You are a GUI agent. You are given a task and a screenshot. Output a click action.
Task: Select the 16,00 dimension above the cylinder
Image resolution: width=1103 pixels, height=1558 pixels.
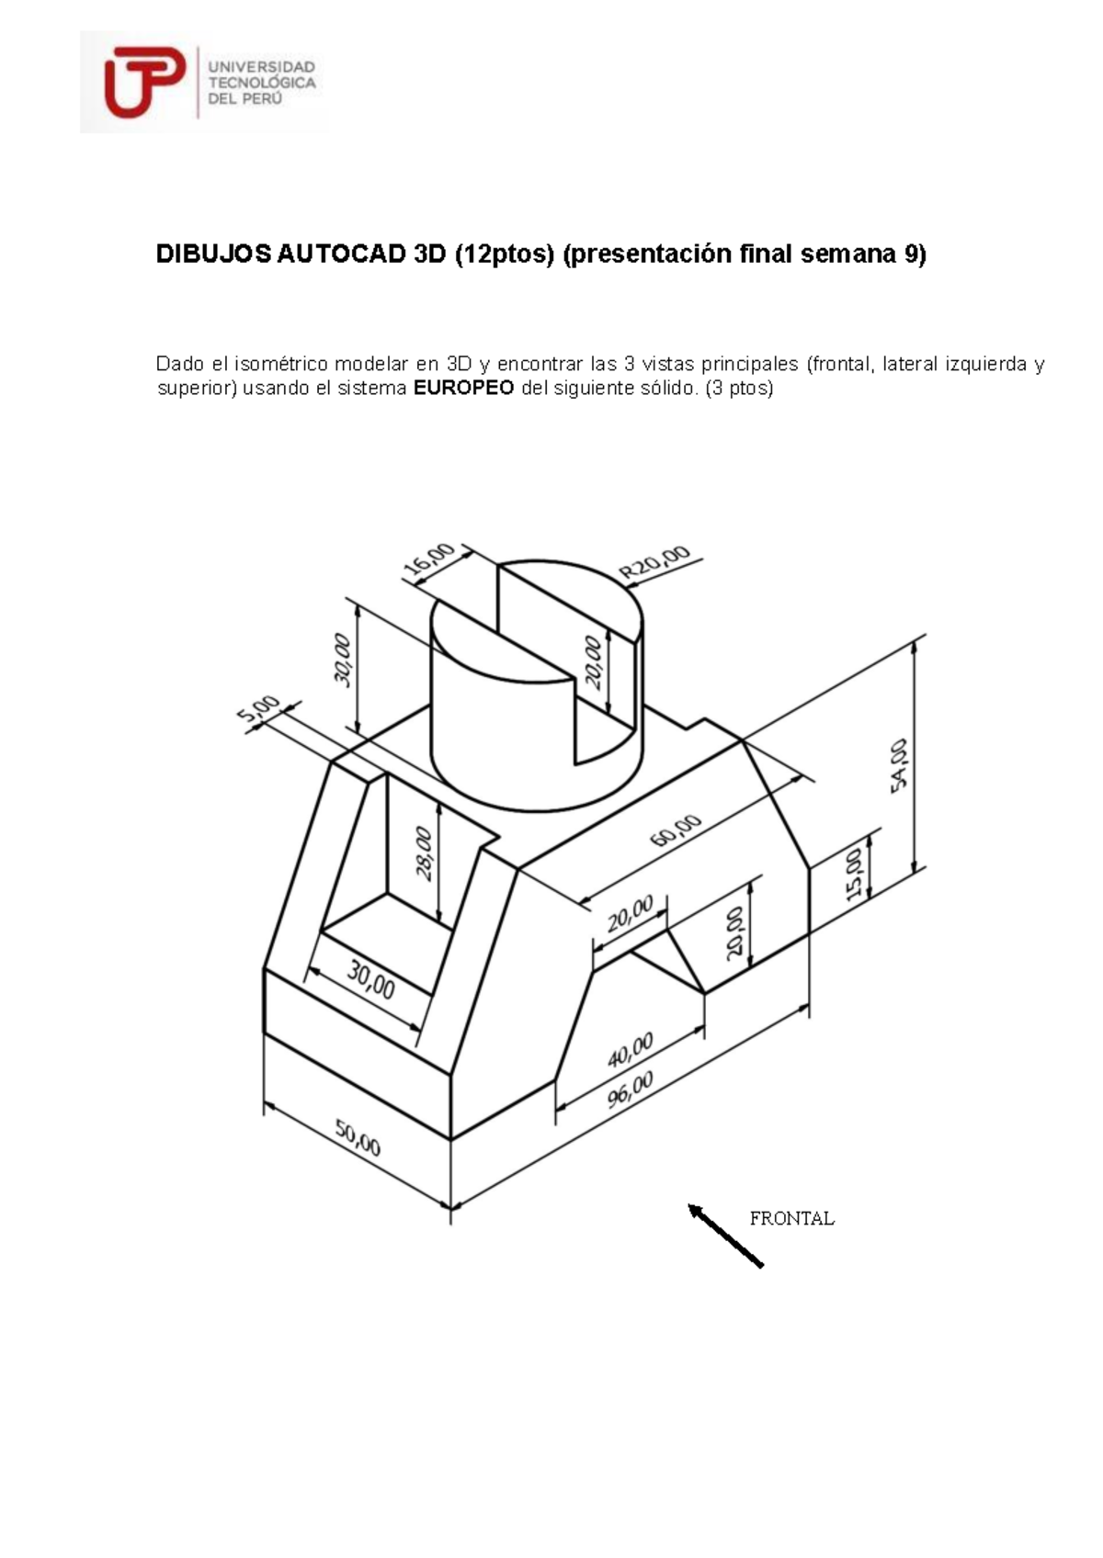click(429, 560)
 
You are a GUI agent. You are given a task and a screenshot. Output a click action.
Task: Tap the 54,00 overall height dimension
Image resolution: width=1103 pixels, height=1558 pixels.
click(898, 763)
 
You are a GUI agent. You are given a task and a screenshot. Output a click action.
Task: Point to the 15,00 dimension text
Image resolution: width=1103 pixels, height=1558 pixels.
click(854, 873)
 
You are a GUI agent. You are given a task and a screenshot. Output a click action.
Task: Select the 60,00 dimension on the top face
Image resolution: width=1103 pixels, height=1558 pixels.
click(676, 831)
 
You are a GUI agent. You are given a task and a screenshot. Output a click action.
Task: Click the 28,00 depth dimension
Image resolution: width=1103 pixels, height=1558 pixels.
click(424, 853)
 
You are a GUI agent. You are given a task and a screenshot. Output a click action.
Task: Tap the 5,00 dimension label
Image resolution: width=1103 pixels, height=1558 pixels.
click(260, 714)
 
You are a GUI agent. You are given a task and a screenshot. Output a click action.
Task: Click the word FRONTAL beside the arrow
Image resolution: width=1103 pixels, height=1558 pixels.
click(791, 1219)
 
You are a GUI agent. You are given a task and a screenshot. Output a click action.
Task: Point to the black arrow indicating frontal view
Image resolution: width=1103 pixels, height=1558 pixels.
click(725, 1236)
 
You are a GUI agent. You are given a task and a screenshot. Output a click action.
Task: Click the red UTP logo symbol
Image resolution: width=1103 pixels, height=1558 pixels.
click(143, 83)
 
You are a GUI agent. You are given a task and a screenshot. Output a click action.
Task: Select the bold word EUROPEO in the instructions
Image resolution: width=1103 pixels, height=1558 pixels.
click(463, 388)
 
